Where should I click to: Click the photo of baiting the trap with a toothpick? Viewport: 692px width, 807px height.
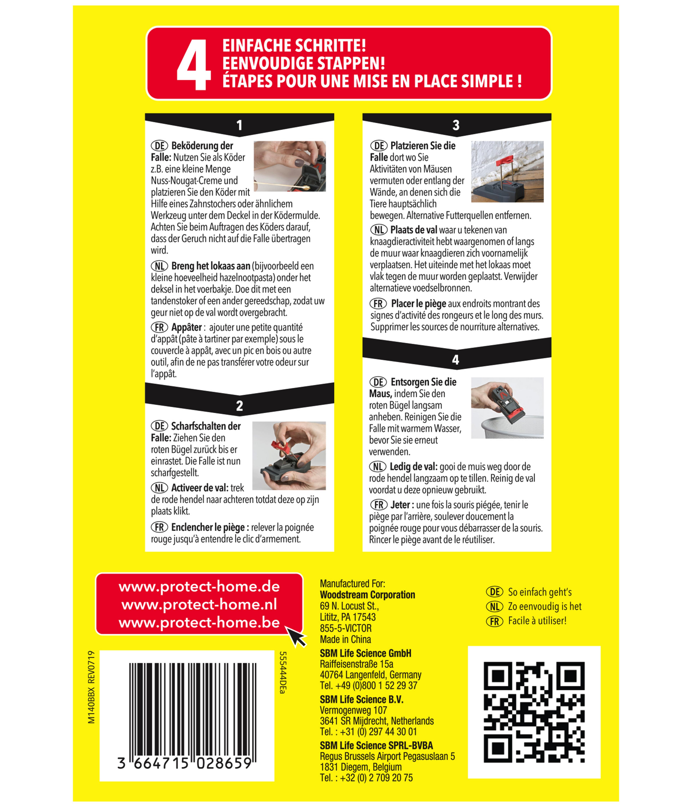289,166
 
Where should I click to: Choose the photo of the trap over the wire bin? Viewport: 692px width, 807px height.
507,408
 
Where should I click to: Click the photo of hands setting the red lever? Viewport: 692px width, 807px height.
289,456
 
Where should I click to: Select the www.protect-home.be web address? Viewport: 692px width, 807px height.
199,623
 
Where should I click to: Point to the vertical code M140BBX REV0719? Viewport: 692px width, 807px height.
91,687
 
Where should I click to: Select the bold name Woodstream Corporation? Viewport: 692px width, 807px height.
367,595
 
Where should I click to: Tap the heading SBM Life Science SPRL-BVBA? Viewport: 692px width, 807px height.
376,745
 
